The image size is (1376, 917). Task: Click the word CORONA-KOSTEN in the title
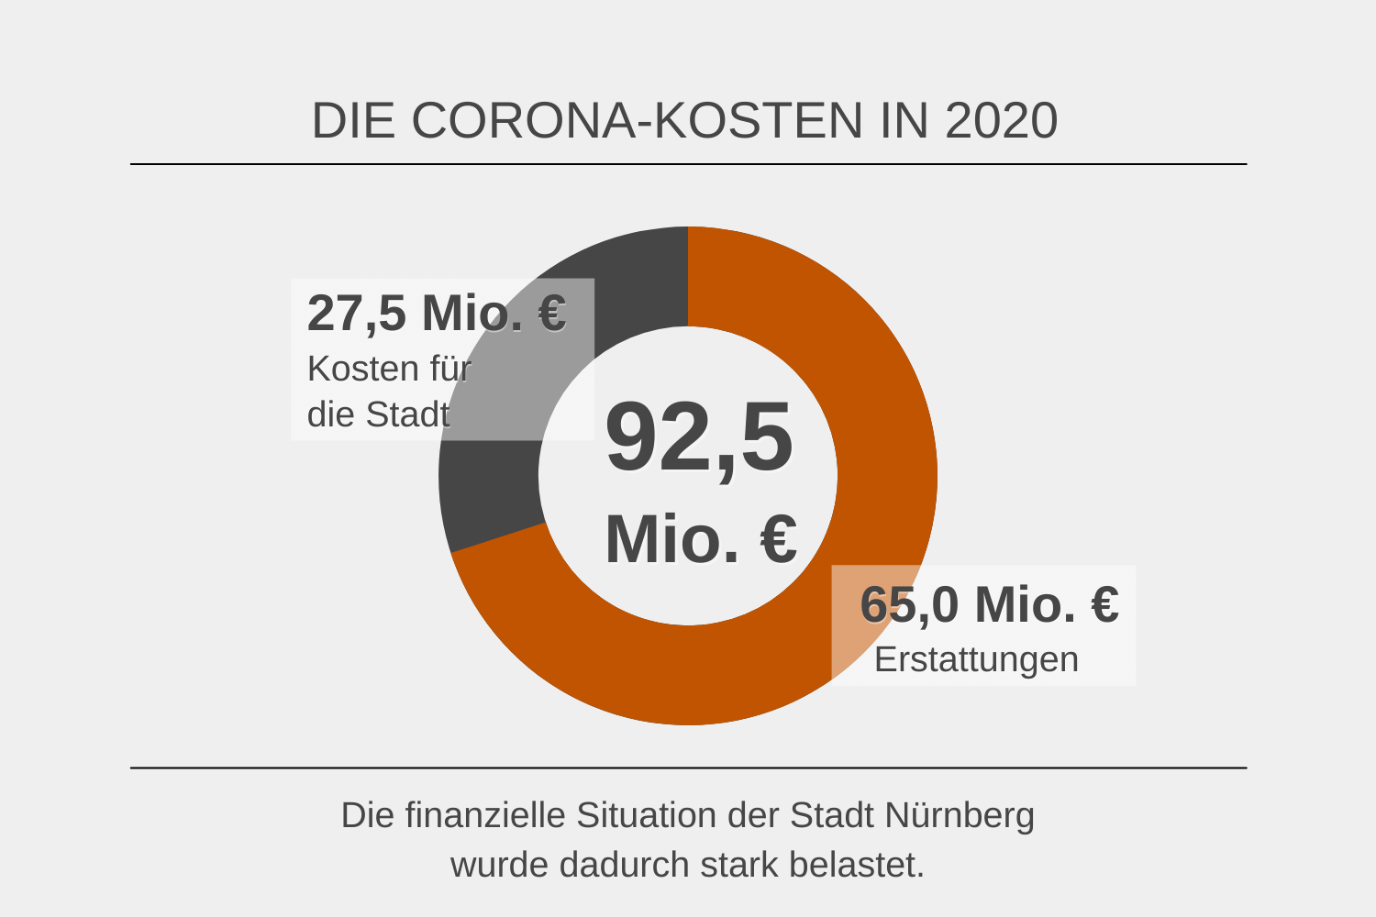tap(637, 120)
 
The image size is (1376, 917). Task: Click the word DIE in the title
tap(352, 120)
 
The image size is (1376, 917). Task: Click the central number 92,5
tap(699, 438)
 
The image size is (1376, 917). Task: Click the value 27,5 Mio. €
tap(437, 313)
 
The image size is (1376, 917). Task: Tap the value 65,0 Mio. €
tap(989, 604)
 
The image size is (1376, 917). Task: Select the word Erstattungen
tap(976, 659)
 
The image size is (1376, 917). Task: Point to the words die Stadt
tap(378, 414)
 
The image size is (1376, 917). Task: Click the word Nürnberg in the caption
tap(960, 815)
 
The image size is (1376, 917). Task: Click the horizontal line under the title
tap(688, 164)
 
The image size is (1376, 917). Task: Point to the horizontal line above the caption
tap(688, 768)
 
